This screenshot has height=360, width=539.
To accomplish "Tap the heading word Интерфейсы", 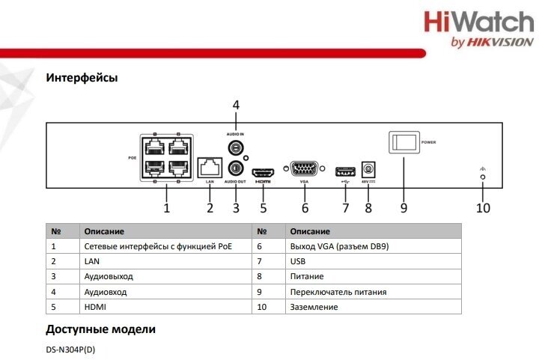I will click(82, 77).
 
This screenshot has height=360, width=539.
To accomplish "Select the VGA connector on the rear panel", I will click(304, 169).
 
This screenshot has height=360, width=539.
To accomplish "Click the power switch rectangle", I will click(404, 142).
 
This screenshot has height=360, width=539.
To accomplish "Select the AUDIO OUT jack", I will click(237, 168).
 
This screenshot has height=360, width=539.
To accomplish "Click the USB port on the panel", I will click(345, 170).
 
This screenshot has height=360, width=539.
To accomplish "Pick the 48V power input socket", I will click(368, 169).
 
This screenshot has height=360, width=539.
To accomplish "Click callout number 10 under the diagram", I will click(483, 208).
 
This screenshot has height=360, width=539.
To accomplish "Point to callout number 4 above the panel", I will click(236, 105).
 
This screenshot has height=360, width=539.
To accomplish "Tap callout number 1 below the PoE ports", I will click(167, 208).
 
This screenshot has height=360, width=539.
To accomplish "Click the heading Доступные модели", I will click(100, 329).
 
